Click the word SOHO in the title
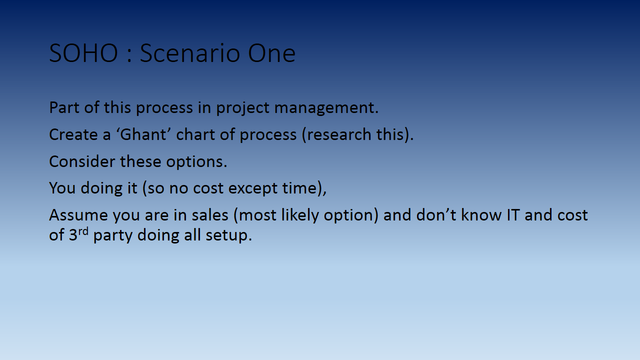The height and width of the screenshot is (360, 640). tap(83, 53)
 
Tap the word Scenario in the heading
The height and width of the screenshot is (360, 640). tap(189, 53)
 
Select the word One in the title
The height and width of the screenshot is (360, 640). tap(271, 53)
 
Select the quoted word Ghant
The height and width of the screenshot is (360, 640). tap(143, 134)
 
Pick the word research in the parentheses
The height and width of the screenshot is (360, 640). tap(338, 134)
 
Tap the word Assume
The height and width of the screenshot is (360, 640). tap(78, 215)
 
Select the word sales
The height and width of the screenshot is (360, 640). tap(210, 215)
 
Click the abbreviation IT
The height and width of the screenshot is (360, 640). tap(513, 215)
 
